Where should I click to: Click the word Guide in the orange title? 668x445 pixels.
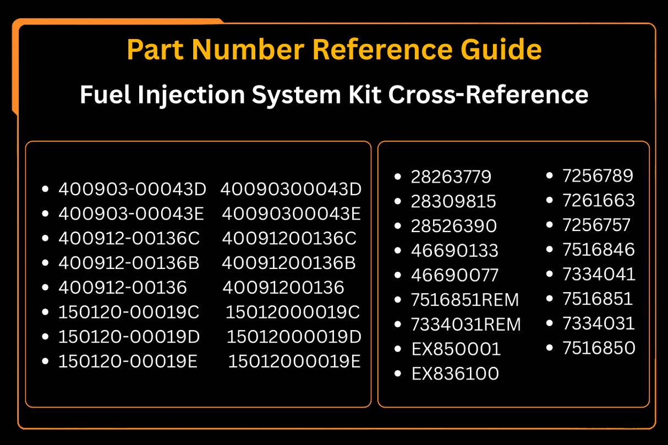pos(501,49)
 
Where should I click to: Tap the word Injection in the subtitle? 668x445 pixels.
pos(191,95)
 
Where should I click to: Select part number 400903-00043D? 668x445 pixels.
pos(133,189)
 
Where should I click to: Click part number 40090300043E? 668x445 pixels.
pos(291,214)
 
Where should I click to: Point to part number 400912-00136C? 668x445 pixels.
pos(129,238)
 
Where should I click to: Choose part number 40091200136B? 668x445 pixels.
pos(289,263)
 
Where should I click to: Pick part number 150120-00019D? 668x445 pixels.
pos(129,337)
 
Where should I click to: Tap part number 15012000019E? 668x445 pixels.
pos(294,361)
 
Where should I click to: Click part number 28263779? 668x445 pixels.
pos(451,177)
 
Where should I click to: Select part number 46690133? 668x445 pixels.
pos(455,250)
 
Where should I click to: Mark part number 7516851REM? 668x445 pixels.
pos(465,300)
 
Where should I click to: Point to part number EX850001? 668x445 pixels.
pos(456,349)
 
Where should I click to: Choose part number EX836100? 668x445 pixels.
pos(455,373)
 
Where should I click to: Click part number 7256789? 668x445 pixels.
pos(598,175)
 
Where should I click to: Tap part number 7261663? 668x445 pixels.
pos(599,200)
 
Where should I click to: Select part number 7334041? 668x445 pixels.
pos(599,274)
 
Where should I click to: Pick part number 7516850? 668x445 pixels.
pos(599,348)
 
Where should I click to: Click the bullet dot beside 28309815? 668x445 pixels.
pos(397,201)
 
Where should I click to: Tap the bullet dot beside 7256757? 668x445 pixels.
pos(549,224)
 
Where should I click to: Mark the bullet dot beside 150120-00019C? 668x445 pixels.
pos(45,312)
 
